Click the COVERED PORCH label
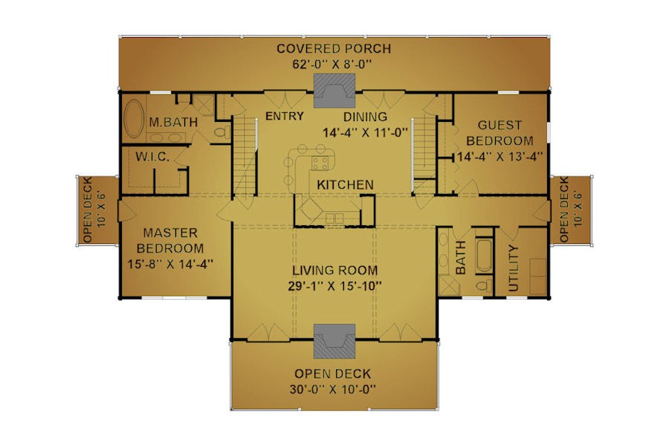(334, 48)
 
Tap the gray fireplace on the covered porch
(334, 91)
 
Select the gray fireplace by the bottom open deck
(334, 341)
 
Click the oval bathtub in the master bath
(134, 119)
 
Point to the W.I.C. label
(152, 157)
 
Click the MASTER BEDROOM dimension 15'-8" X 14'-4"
(170, 264)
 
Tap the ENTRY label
(285, 116)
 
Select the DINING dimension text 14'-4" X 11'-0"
(366, 133)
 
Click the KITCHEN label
(345, 185)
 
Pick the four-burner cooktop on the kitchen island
(320, 164)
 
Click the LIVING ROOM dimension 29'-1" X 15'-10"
(334, 286)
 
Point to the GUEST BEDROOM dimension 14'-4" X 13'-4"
(500, 157)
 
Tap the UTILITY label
(513, 268)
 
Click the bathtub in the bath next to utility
(485, 255)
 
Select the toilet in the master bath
(221, 132)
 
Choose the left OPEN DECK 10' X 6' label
(94, 210)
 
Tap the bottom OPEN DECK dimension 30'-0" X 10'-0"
(333, 390)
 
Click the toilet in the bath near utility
(484, 286)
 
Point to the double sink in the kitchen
(334, 218)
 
